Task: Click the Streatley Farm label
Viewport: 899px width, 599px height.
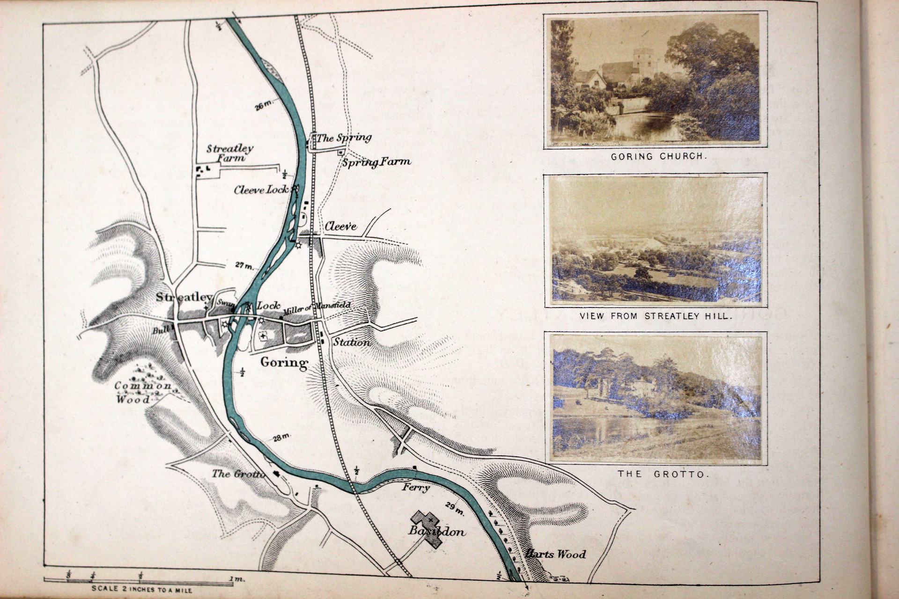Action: [230, 153]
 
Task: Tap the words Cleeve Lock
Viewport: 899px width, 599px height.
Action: [261, 190]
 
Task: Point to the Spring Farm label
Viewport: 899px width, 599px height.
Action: [376, 162]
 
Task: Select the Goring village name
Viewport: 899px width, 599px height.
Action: [284, 362]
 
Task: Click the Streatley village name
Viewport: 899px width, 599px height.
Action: [184, 297]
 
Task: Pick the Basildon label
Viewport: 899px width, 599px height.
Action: [436, 532]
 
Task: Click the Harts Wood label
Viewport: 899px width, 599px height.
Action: [555, 555]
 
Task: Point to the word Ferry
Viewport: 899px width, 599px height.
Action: [416, 488]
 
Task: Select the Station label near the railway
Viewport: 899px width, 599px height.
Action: [352, 342]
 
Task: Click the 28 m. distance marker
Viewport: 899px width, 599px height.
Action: [281, 438]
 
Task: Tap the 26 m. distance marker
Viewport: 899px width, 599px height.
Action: [264, 106]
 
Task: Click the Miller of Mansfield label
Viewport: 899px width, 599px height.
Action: [317, 308]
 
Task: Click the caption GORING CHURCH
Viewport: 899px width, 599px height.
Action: [658, 157]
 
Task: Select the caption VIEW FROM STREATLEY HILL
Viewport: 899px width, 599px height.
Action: [655, 316]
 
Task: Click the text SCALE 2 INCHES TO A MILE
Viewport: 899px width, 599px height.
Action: [142, 590]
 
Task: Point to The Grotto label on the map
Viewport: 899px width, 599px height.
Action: [238, 474]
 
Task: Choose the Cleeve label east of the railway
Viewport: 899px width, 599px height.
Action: [340, 226]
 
